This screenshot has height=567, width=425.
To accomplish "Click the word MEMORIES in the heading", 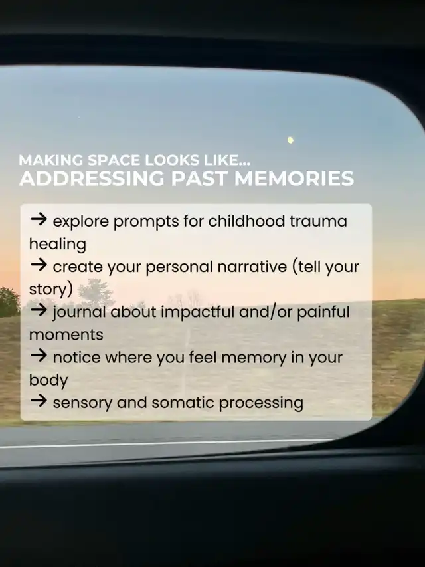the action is tap(294, 178).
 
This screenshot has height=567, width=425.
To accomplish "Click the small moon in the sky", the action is tap(290, 140).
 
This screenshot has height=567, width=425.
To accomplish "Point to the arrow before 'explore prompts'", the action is tap(39, 219).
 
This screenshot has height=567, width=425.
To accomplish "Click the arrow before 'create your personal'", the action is tap(39, 265).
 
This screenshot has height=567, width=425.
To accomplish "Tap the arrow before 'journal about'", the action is tap(39, 310).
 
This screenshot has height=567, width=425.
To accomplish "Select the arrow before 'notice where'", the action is tap(39, 355).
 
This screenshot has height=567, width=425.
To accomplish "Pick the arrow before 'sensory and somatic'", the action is tap(39, 400).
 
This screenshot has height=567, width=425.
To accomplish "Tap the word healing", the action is tap(58, 245).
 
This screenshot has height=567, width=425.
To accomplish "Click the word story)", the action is tap(51, 290).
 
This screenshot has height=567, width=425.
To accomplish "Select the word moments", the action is tap(66, 335).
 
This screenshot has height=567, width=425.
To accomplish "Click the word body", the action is tap(48, 380).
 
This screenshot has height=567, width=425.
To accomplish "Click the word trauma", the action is tap(318, 221).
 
